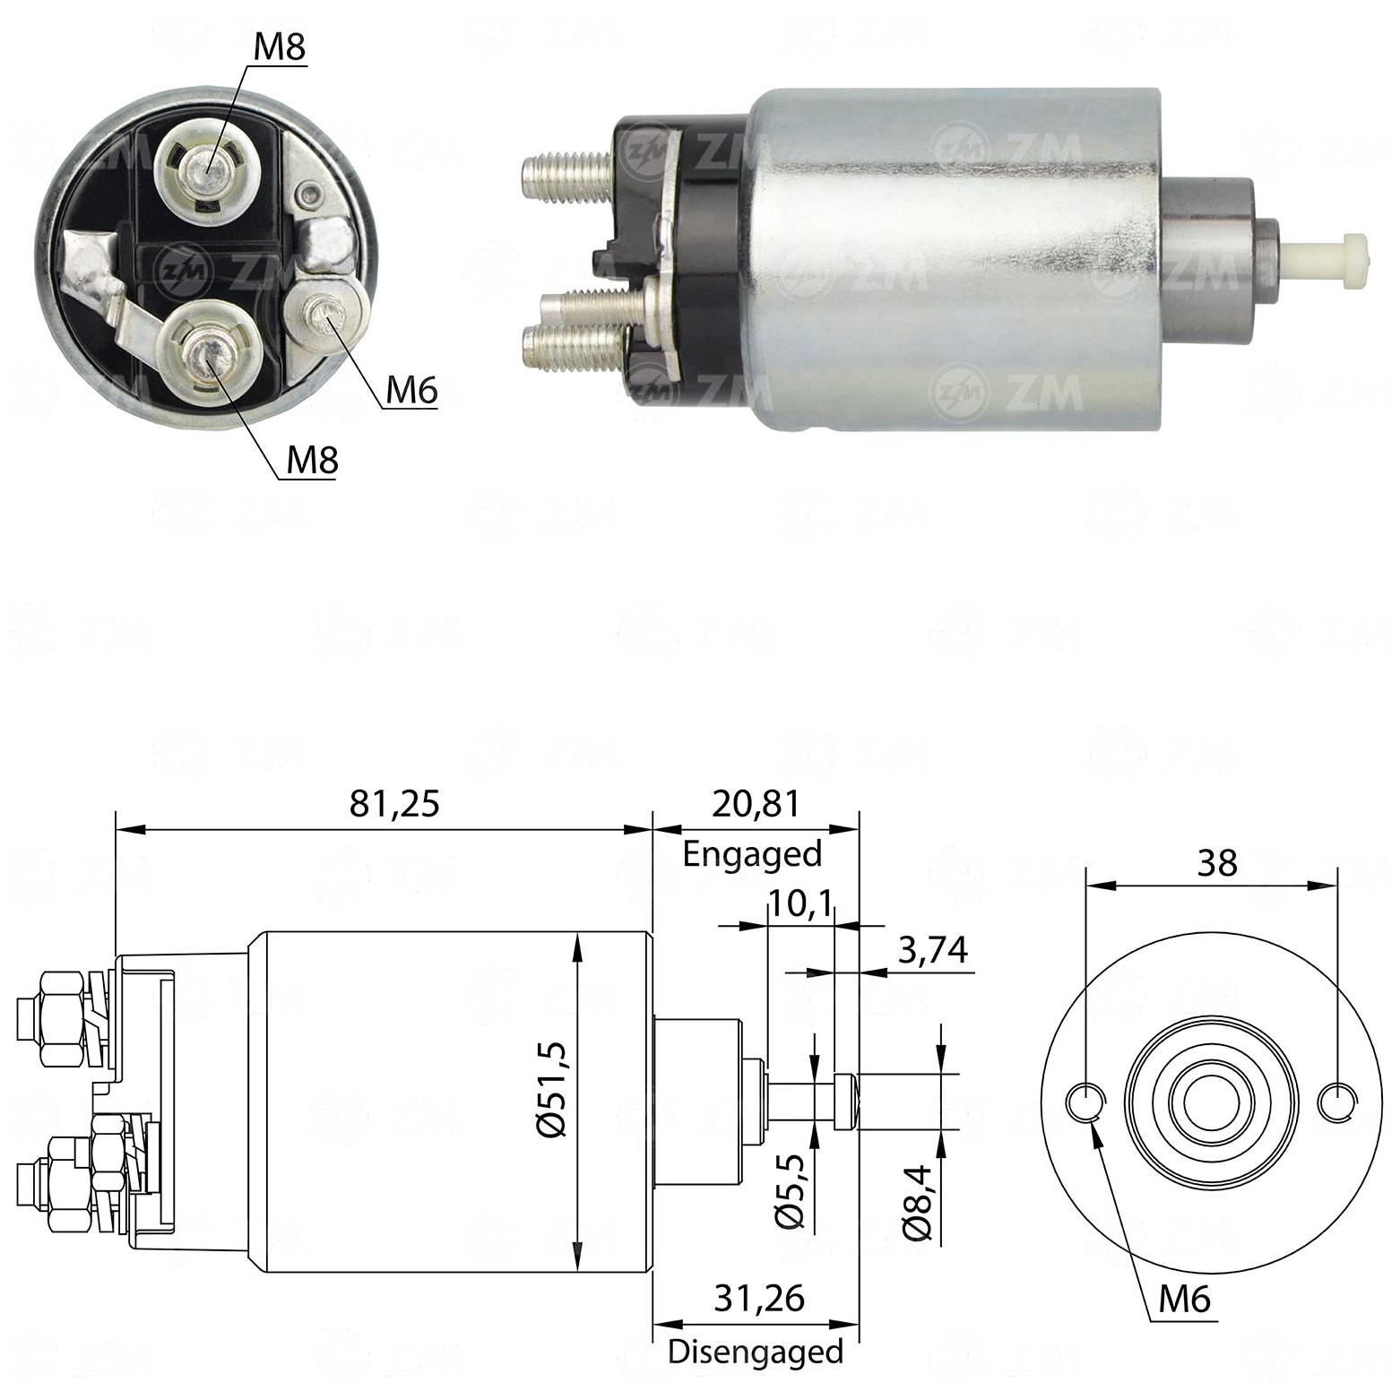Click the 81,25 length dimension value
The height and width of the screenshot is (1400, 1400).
(395, 803)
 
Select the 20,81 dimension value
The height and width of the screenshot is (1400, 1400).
(755, 803)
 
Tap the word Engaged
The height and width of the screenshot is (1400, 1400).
(752, 854)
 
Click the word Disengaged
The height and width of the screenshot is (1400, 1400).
(756, 1351)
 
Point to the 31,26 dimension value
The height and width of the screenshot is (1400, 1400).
(760, 1297)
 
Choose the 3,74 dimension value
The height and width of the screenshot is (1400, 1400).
(932, 950)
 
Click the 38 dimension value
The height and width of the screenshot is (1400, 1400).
(1217, 862)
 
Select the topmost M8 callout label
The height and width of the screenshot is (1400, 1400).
(280, 48)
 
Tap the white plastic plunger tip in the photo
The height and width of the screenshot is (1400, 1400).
(1330, 261)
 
